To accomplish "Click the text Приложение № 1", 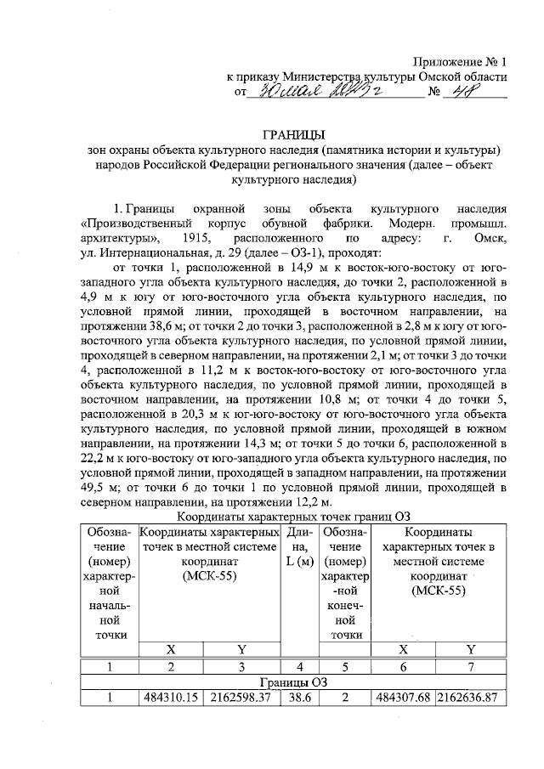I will coord(460,61).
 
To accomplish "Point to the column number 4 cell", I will coord(297,666).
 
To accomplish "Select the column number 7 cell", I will coord(471,666).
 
